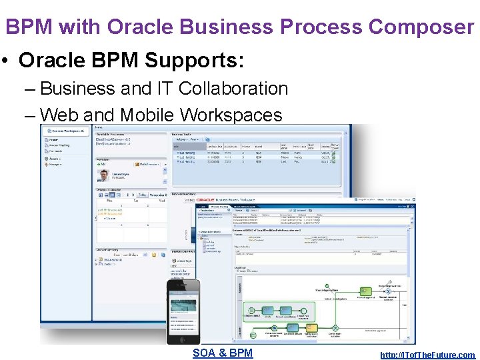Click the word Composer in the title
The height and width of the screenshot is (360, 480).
[421, 27]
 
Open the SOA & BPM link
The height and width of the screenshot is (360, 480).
[223, 353]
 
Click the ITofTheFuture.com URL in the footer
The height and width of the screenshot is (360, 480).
[427, 355]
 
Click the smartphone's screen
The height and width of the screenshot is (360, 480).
[183, 309]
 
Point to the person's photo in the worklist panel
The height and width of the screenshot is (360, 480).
[103, 175]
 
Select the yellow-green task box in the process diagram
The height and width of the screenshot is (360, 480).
[365, 289]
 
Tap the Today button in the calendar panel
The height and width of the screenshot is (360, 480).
[143, 195]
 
